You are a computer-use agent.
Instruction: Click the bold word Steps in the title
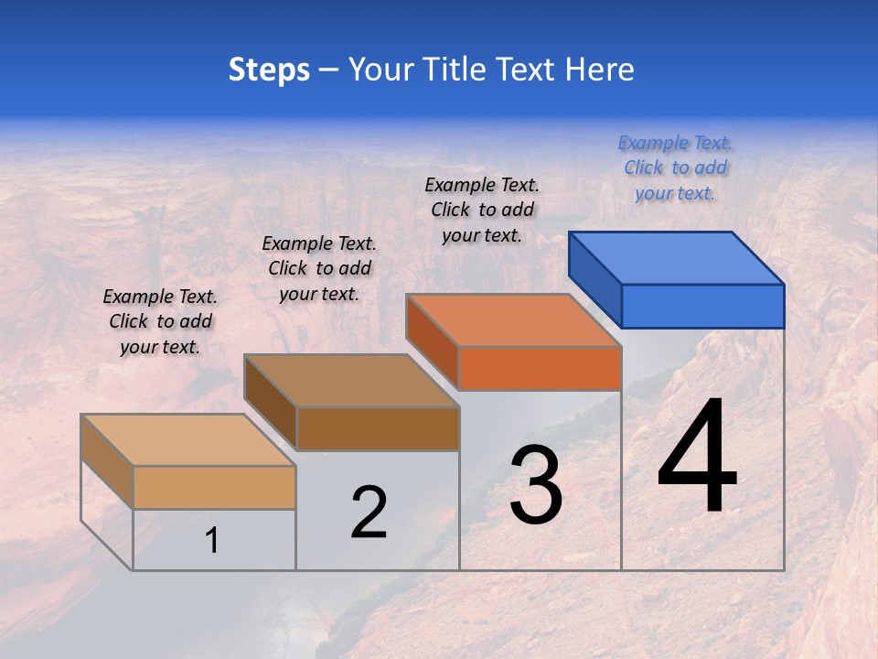269,70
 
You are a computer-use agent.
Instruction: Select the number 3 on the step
536,485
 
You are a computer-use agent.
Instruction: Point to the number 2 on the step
369,513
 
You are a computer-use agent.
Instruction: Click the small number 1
212,540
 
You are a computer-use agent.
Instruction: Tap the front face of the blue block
702,306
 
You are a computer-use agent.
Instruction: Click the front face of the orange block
540,368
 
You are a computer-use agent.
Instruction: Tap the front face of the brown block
378,428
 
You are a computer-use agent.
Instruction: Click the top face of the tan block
188,440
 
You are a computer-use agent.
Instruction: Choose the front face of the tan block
214,487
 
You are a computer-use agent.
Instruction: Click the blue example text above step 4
675,167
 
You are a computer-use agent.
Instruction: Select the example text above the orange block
482,210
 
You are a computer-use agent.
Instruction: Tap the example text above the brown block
319,268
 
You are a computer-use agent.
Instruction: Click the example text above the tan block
160,321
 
